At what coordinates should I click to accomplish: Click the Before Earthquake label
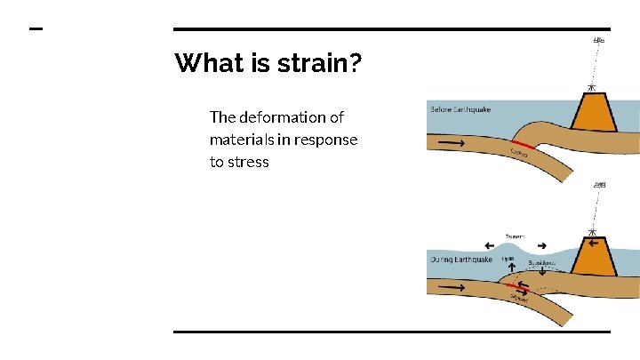(x=460, y=109)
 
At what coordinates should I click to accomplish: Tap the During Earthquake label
(x=460, y=260)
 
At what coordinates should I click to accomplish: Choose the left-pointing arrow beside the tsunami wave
(x=489, y=245)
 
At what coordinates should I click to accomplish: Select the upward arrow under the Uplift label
(x=508, y=267)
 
